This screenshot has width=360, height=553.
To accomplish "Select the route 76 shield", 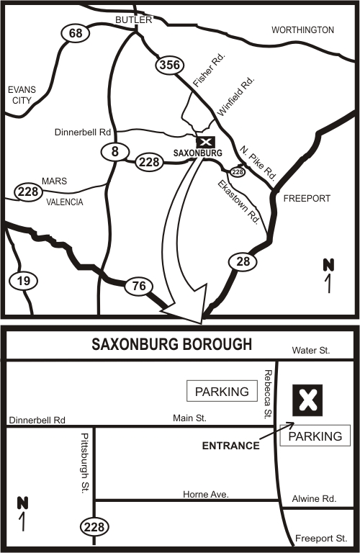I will click(138, 287).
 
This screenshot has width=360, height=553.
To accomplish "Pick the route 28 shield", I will click(243, 261).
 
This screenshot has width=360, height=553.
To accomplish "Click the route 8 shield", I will click(114, 151).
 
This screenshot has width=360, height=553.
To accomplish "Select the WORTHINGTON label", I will click(302, 30).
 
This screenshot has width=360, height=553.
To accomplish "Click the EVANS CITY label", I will click(20, 95).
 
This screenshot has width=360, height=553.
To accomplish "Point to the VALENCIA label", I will click(64, 202).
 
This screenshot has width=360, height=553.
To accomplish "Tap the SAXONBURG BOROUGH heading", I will click(171, 344).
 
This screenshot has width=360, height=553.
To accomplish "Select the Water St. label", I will click(311, 351).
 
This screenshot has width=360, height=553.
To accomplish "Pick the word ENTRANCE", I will click(230, 446).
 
